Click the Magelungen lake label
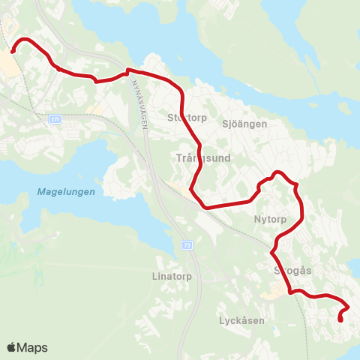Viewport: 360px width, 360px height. (66, 192)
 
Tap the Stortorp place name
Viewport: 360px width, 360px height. (185, 117)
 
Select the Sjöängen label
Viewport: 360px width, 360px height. (244, 124)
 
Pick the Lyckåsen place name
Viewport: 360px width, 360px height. (242, 320)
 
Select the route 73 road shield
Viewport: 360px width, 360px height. (187, 244)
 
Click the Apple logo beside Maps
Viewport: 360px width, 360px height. (13, 347)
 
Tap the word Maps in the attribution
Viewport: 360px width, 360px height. (33, 348)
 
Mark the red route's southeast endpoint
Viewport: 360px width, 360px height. (341, 320)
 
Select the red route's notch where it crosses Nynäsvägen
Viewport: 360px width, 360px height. (129, 71)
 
